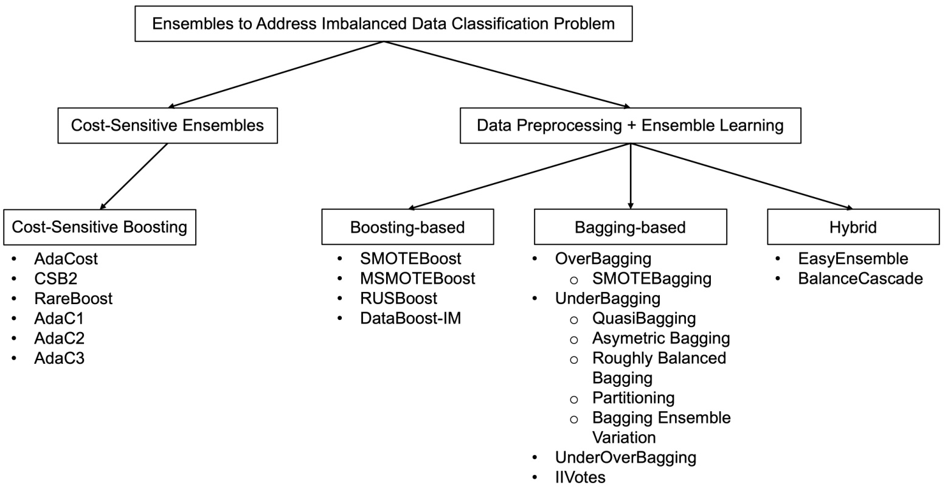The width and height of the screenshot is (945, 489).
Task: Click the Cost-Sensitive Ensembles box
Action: click(x=167, y=125)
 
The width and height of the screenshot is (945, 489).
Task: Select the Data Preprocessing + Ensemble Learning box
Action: click(x=630, y=125)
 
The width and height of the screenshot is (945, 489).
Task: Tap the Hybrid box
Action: click(x=853, y=227)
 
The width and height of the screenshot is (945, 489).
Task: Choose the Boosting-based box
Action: click(x=407, y=227)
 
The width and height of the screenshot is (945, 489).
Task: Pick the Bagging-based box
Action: click(x=630, y=227)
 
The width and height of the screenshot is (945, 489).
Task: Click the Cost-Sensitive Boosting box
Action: click(x=100, y=227)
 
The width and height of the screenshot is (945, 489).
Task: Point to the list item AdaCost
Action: click(x=66, y=258)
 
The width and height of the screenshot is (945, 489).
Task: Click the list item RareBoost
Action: click(x=74, y=298)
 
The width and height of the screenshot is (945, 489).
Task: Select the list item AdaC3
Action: click(x=60, y=358)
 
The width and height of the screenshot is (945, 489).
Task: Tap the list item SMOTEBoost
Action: click(x=410, y=258)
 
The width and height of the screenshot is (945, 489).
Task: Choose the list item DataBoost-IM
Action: click(x=410, y=318)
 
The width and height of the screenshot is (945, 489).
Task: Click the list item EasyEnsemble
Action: click(x=853, y=258)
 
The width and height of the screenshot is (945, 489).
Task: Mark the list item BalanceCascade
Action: click(x=860, y=279)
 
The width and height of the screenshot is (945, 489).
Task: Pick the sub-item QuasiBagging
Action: click(x=644, y=319)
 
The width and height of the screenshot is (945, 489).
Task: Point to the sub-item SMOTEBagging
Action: click(x=652, y=279)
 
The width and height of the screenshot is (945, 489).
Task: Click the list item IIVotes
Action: click(x=580, y=477)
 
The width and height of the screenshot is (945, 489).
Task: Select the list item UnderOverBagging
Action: click(x=626, y=457)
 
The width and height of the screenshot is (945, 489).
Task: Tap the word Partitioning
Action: click(x=633, y=398)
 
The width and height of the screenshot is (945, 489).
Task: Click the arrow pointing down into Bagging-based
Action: click(x=630, y=176)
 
